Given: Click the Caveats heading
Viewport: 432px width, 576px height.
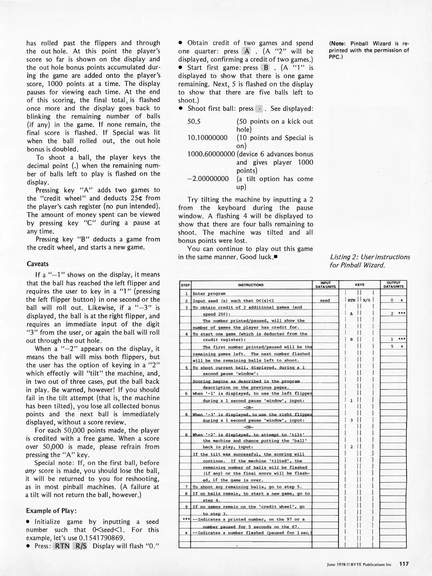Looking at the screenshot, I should point(38,264).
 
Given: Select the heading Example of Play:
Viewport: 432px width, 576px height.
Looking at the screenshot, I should point(51,510).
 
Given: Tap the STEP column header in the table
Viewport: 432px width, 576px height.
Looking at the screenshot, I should point(185,285).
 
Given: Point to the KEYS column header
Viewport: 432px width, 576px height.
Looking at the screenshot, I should point(359,285).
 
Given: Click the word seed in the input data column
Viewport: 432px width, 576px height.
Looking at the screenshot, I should point(325,300).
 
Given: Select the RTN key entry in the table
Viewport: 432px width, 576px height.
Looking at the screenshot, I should point(351,300).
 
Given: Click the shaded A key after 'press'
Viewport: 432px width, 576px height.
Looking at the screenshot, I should point(247,51).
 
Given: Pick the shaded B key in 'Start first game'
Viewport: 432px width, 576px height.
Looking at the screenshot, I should point(266,68).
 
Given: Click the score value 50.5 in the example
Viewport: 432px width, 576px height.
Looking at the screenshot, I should point(194,122).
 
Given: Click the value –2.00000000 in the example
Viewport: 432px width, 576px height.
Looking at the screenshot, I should point(208,179).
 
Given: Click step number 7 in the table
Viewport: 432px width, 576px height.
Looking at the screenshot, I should point(186,487).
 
